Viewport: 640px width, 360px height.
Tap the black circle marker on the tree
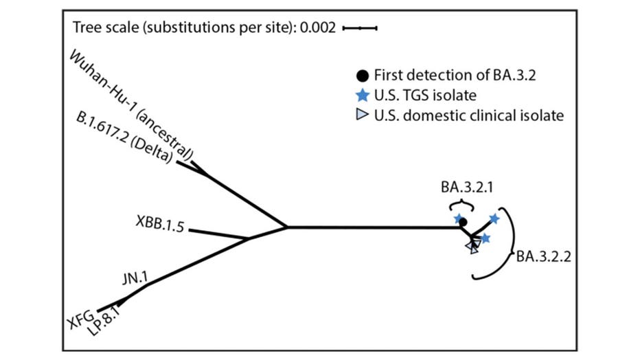click(x=463, y=222)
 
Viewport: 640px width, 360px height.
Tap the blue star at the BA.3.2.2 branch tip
click(x=494, y=218)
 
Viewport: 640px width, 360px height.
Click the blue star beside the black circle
click(x=459, y=218)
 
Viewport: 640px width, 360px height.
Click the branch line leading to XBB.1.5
click(x=218, y=234)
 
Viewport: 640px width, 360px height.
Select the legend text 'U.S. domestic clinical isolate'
click(x=468, y=115)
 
